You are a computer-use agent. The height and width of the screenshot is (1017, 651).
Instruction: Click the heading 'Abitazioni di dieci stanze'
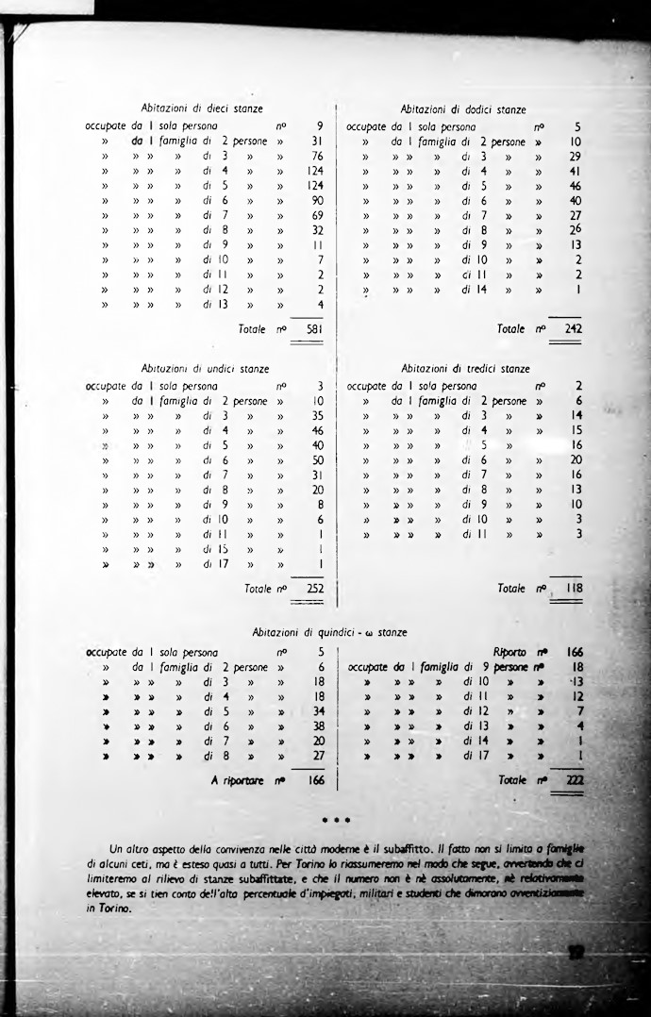[x=201, y=109]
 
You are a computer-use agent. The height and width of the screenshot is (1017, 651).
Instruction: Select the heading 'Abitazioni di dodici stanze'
[x=464, y=109]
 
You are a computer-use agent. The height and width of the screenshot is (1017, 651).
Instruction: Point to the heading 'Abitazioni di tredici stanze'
[x=466, y=369]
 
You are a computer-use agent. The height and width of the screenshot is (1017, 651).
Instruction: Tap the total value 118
[x=574, y=589]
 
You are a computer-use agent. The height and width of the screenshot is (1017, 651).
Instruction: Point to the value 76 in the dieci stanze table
[x=317, y=156]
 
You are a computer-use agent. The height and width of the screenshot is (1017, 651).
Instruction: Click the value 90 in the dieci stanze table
[x=317, y=201]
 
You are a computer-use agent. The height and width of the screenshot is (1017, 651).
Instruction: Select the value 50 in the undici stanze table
[x=317, y=460]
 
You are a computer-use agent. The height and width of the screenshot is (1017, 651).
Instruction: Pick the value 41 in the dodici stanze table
[x=576, y=171]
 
